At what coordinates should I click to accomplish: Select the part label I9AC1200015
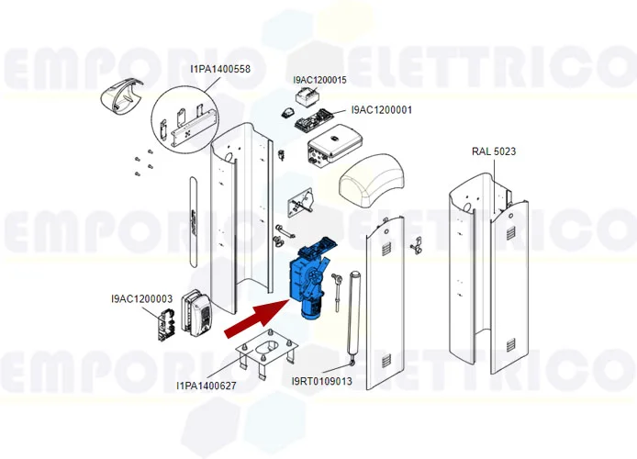(319, 81)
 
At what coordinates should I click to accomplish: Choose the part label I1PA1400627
(206, 386)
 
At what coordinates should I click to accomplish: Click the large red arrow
(255, 317)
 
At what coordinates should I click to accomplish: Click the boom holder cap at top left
(122, 97)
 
